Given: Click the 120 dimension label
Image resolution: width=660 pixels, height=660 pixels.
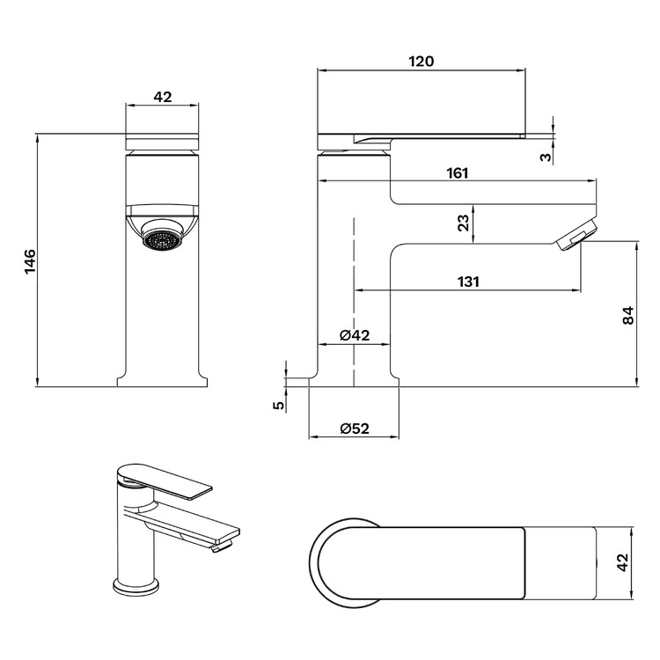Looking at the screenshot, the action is click(x=421, y=62).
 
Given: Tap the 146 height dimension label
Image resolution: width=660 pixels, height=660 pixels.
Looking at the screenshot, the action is click(x=30, y=261).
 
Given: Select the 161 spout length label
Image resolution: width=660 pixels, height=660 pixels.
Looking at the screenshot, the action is click(x=457, y=173).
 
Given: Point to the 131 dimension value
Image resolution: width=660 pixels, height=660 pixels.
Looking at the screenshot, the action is click(x=468, y=282).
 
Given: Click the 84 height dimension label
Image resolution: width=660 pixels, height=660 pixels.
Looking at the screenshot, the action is click(x=627, y=315).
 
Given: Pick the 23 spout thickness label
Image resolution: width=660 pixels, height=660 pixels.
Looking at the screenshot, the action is click(x=463, y=223).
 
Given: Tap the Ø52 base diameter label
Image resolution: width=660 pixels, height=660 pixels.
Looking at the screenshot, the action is click(x=355, y=429).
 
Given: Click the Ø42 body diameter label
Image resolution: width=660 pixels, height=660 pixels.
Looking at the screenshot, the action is click(x=355, y=335).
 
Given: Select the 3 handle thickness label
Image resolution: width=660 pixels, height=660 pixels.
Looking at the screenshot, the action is click(x=546, y=157).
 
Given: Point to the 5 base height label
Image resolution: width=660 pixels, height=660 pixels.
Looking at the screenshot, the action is click(x=279, y=406).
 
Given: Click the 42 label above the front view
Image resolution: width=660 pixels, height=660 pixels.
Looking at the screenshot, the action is click(x=163, y=97).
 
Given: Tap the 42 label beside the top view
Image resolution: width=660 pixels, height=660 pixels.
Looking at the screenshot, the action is click(x=622, y=562).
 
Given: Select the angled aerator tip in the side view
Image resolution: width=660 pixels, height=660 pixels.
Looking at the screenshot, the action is click(x=576, y=234).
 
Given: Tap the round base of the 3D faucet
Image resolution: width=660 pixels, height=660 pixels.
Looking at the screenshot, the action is click(x=136, y=586).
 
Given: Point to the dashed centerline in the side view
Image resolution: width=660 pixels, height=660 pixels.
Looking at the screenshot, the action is click(x=355, y=302).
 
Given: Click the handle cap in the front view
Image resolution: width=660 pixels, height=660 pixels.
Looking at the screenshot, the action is click(x=163, y=143).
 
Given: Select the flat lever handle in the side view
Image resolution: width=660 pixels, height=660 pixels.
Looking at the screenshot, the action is click(x=421, y=138).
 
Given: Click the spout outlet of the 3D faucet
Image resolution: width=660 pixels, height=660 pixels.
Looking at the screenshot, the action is click(x=223, y=546).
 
